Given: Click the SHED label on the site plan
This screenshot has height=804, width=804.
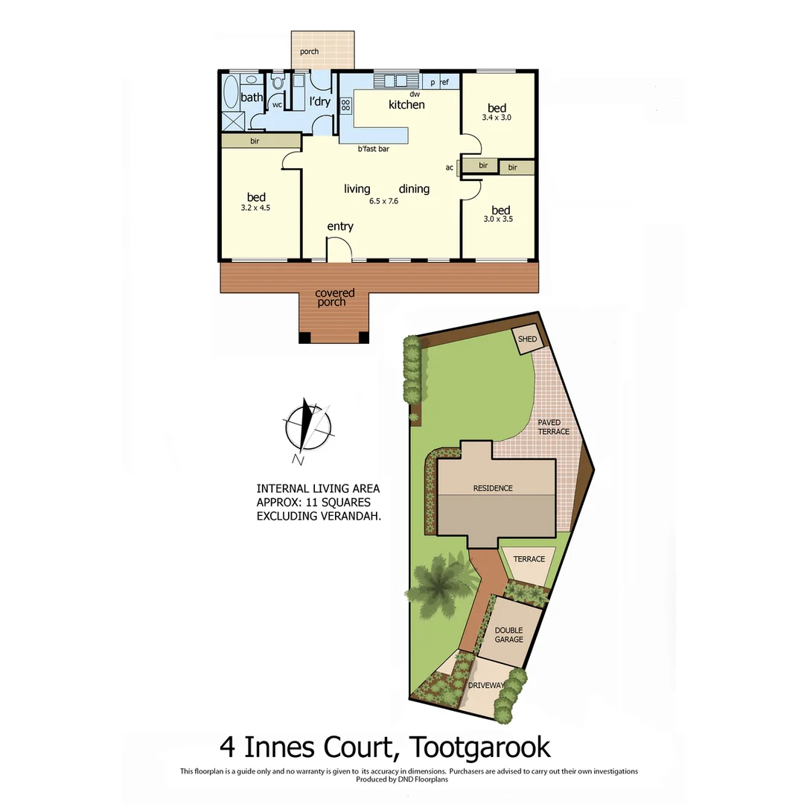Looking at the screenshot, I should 528,339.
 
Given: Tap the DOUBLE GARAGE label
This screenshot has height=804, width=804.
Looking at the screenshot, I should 509,634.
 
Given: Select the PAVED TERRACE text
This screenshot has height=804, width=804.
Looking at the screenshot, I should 554,427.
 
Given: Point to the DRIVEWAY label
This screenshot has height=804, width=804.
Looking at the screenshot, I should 488,685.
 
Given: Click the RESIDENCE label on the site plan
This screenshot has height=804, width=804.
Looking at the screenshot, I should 493,488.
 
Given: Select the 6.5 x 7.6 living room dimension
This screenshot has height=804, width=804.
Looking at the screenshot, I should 384,201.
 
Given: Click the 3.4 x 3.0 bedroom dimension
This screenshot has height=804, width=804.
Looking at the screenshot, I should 497,118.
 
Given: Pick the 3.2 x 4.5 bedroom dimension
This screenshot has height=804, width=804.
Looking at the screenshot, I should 255,208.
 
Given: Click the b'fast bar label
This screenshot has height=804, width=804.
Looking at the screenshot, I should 374,149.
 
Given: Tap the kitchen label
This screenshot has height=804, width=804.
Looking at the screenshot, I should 406,105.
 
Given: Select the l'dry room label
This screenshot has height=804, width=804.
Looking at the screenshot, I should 319,102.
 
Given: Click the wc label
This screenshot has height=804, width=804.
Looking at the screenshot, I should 277,105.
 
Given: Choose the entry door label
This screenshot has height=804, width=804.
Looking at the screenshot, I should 340,226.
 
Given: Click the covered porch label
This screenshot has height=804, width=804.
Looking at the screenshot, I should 335,298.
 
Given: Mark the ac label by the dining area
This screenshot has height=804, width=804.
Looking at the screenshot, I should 450,167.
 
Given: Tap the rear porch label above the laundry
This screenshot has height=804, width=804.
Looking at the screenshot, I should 309,51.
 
